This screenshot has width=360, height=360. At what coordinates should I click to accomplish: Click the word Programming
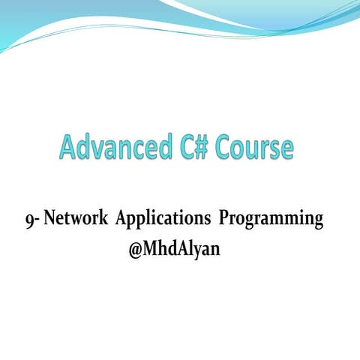pos(271,220)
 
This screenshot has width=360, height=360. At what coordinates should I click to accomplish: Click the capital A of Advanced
pos(69,147)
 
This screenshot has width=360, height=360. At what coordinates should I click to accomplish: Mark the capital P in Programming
pos(224,220)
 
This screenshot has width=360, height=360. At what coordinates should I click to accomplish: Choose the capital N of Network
pos(50,220)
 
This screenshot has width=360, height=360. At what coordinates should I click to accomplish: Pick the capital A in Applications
pos(121,220)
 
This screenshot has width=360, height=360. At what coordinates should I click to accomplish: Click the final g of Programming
pos(317,223)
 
